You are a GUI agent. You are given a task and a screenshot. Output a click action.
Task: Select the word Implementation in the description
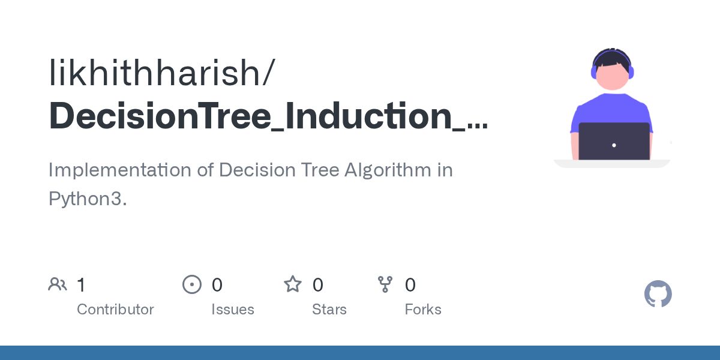(120, 170)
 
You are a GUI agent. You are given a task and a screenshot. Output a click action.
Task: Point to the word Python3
(88, 199)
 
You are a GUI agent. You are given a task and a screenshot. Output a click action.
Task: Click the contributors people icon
(58, 284)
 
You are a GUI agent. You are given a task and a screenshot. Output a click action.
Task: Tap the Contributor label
(115, 310)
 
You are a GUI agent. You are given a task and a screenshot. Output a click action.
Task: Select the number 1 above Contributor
(82, 285)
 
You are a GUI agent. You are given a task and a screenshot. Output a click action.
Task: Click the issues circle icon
(191, 284)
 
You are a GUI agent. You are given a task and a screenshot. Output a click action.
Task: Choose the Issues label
(232, 310)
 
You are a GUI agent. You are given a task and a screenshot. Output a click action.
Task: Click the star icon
(293, 284)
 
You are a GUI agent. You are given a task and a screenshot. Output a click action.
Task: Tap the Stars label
(329, 310)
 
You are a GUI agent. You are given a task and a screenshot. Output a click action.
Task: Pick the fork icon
(385, 284)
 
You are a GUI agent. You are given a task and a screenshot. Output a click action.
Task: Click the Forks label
(423, 310)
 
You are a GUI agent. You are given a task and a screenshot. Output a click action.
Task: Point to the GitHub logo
(658, 294)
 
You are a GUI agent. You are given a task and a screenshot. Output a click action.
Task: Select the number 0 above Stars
(318, 285)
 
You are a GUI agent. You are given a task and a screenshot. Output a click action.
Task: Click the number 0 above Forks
(410, 285)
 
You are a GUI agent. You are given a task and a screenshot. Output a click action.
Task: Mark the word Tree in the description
(319, 170)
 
